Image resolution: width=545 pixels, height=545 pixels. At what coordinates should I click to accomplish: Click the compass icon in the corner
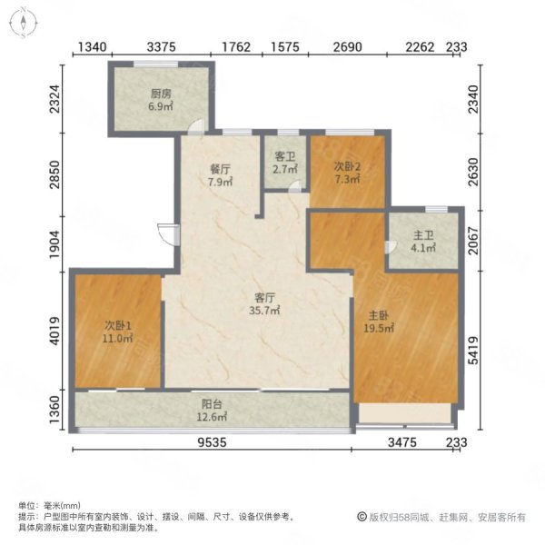click(x=23, y=23)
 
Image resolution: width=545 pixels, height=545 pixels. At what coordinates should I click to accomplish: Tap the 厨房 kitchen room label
click(x=161, y=94)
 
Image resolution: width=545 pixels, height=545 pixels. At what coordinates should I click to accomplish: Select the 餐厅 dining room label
click(x=220, y=169)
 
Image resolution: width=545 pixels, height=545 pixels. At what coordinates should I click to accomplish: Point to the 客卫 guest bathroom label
click(x=285, y=157)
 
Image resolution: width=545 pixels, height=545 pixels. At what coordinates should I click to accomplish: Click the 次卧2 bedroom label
click(x=347, y=166)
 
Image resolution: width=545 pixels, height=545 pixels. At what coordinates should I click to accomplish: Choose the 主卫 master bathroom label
click(x=423, y=235)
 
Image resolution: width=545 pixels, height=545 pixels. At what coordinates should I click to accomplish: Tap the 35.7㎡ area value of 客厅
click(x=264, y=311)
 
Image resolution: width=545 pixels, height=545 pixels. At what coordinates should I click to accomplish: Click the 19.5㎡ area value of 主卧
click(x=379, y=328)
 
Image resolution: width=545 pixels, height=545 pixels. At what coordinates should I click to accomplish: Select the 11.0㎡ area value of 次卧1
click(x=117, y=338)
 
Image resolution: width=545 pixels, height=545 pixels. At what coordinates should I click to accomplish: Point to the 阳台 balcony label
click(x=212, y=404)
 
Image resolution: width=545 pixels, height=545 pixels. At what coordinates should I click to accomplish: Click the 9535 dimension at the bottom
click(x=212, y=442)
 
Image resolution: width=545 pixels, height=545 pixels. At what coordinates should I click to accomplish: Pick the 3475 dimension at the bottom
click(x=402, y=442)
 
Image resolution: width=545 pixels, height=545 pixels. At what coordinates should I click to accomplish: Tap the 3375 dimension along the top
click(x=162, y=47)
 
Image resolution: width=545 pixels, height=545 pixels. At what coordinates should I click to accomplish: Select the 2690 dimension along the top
click(x=348, y=47)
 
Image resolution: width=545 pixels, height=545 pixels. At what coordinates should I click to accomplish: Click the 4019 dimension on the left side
click(x=54, y=332)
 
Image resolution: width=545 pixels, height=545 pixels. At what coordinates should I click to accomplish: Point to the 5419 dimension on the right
click(x=473, y=351)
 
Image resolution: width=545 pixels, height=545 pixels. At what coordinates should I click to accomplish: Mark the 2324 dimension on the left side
click(x=54, y=99)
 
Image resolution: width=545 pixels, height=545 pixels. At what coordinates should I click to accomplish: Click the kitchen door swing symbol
click(x=195, y=126)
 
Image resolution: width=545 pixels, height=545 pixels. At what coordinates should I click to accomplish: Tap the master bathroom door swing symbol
click(x=391, y=247)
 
